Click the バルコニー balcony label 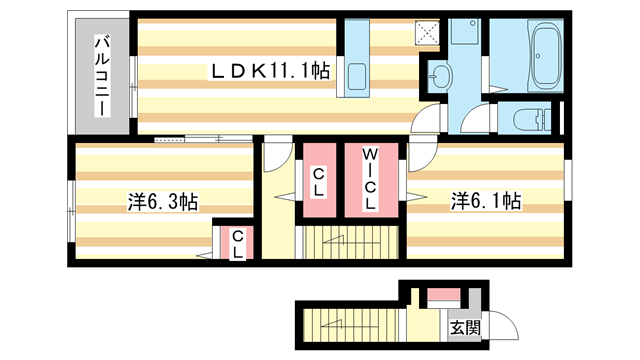pos(102,74)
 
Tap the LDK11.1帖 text pos(256,71)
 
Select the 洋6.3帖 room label pos(161,201)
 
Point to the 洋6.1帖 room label pos(484,201)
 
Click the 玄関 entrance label pos(464,327)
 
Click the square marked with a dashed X pos(429,33)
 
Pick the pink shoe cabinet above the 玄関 pos(442,297)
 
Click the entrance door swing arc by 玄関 pos(506,326)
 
